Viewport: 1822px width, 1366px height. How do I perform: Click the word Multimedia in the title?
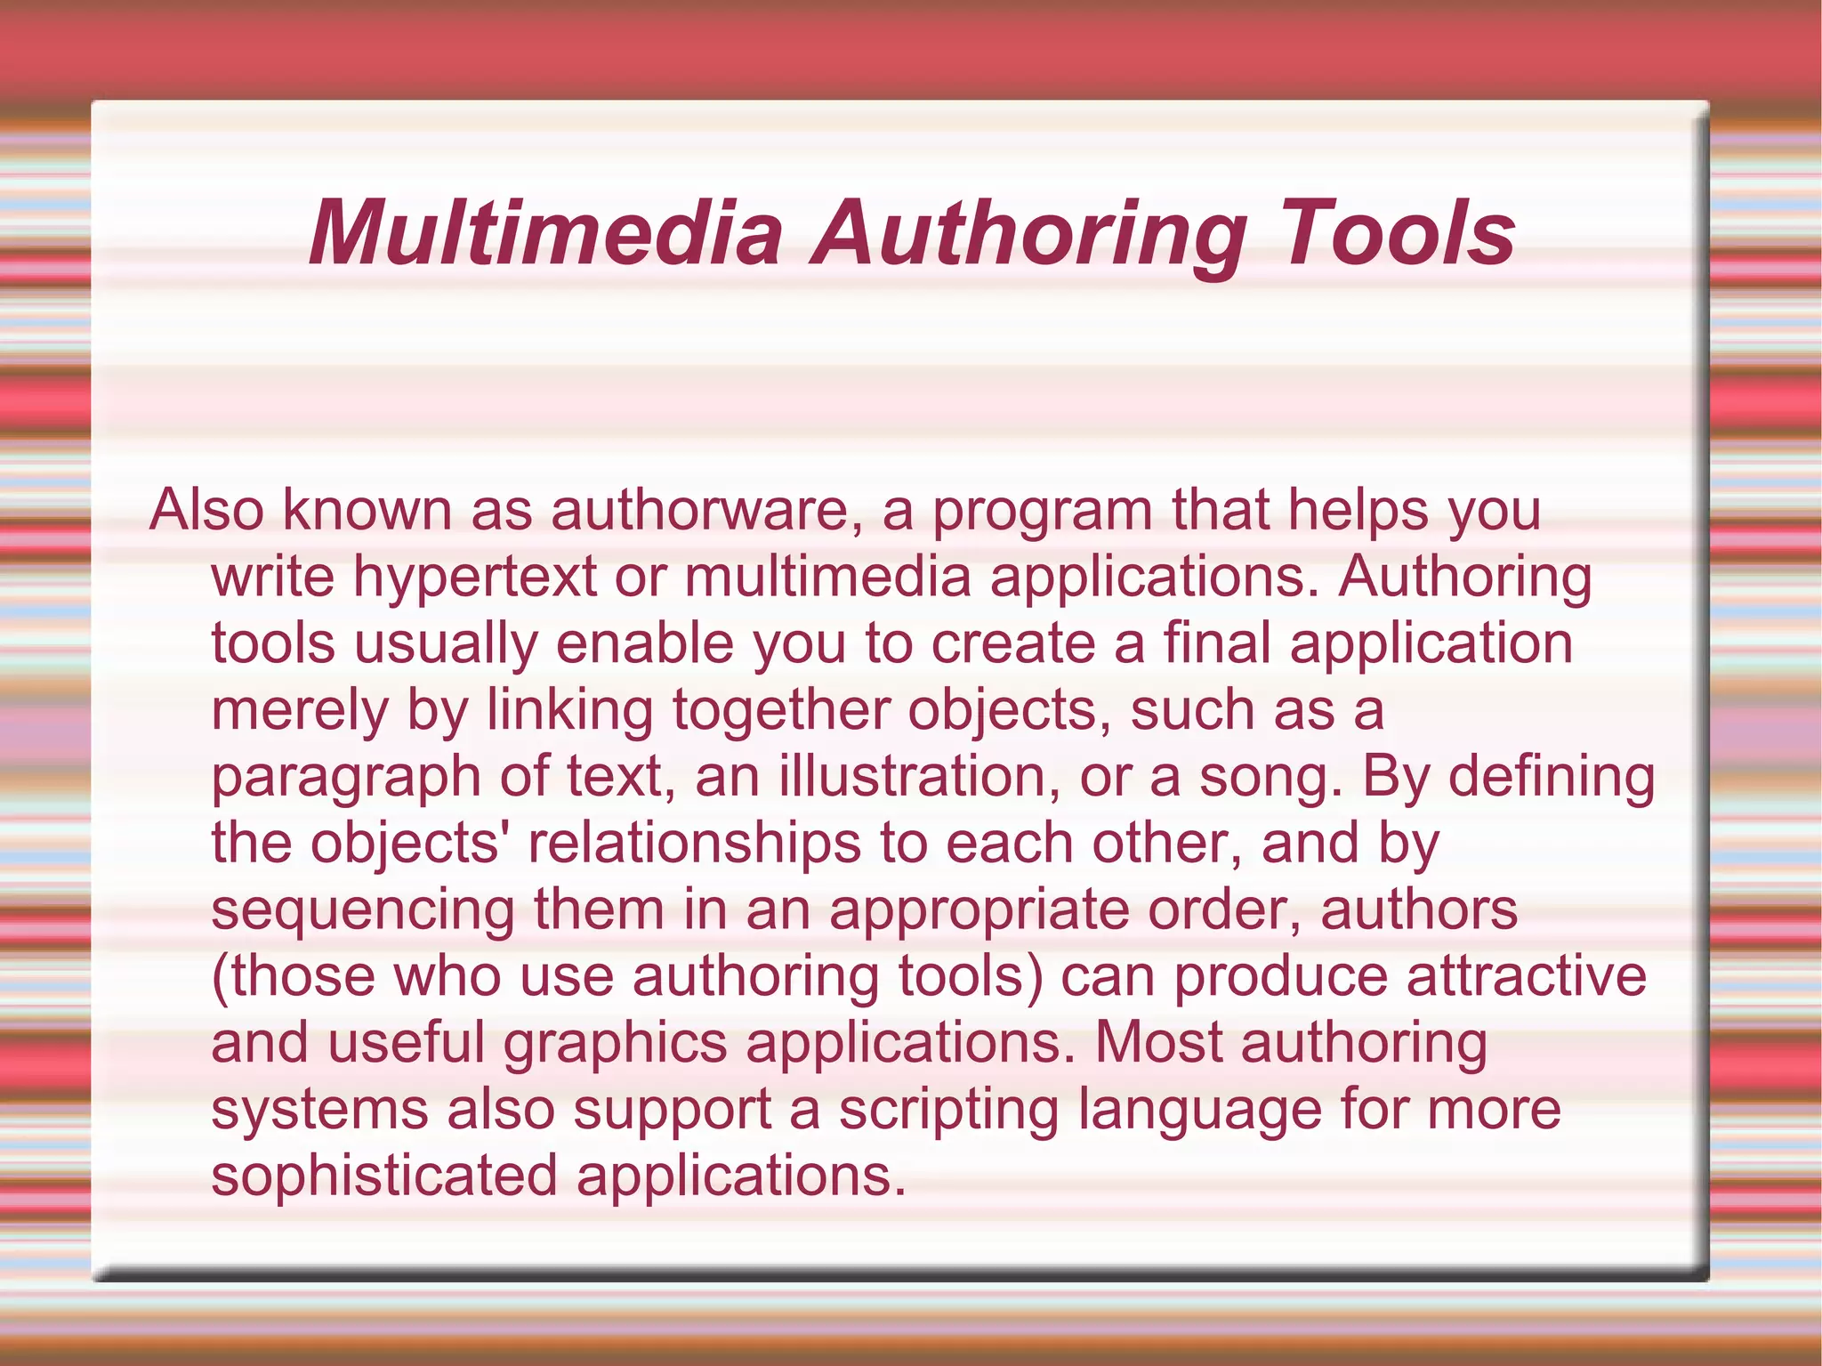click(x=544, y=232)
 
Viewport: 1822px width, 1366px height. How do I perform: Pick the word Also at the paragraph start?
click(x=206, y=510)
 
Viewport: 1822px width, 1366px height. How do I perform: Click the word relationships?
click(x=694, y=844)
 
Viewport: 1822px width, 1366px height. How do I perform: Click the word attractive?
click(x=1526, y=976)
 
